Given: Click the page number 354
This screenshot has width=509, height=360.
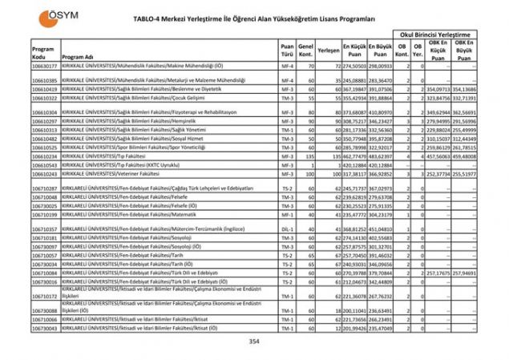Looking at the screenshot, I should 254,342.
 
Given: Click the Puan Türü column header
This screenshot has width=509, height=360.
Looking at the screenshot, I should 287,50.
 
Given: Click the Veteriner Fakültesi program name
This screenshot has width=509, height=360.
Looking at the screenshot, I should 119,173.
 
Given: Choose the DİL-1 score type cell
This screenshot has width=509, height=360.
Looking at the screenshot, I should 287,229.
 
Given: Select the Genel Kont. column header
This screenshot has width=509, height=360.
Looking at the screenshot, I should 305,50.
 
